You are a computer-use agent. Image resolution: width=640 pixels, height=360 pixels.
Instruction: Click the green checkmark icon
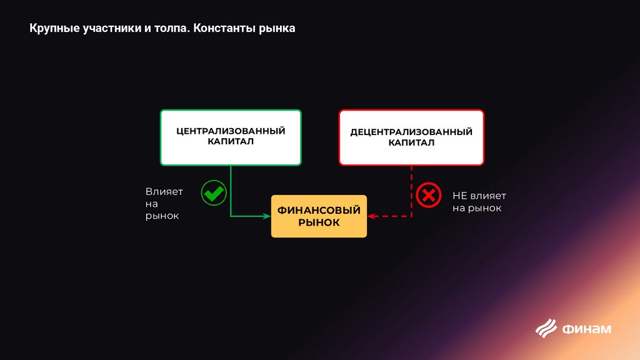point(214,193)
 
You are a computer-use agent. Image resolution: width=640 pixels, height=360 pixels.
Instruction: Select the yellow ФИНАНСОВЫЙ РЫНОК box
point(319,216)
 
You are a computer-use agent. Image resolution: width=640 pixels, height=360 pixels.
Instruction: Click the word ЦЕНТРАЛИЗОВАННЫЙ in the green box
point(231,131)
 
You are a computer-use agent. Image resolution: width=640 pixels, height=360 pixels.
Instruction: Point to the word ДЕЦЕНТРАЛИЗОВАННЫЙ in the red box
point(411,132)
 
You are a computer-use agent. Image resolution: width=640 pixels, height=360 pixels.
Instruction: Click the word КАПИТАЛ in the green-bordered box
point(231,142)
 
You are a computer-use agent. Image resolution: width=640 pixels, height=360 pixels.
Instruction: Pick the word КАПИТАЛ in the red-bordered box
point(411,143)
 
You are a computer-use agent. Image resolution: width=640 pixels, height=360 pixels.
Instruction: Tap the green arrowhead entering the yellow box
point(267,216)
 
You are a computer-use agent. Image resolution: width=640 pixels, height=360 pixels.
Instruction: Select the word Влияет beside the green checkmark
point(164,192)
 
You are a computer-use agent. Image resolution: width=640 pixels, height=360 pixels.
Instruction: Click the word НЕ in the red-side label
point(459,196)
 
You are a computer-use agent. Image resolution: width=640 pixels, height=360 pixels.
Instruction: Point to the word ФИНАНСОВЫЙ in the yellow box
point(319,211)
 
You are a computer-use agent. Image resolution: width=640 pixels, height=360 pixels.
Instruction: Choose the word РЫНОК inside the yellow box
point(319,222)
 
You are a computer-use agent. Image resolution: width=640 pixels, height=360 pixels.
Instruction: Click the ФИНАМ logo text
point(587,329)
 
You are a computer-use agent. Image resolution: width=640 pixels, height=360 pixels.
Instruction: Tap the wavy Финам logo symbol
point(546,327)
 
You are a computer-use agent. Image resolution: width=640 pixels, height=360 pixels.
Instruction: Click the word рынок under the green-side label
point(162,216)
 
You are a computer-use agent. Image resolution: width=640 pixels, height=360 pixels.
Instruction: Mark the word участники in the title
point(112,29)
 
